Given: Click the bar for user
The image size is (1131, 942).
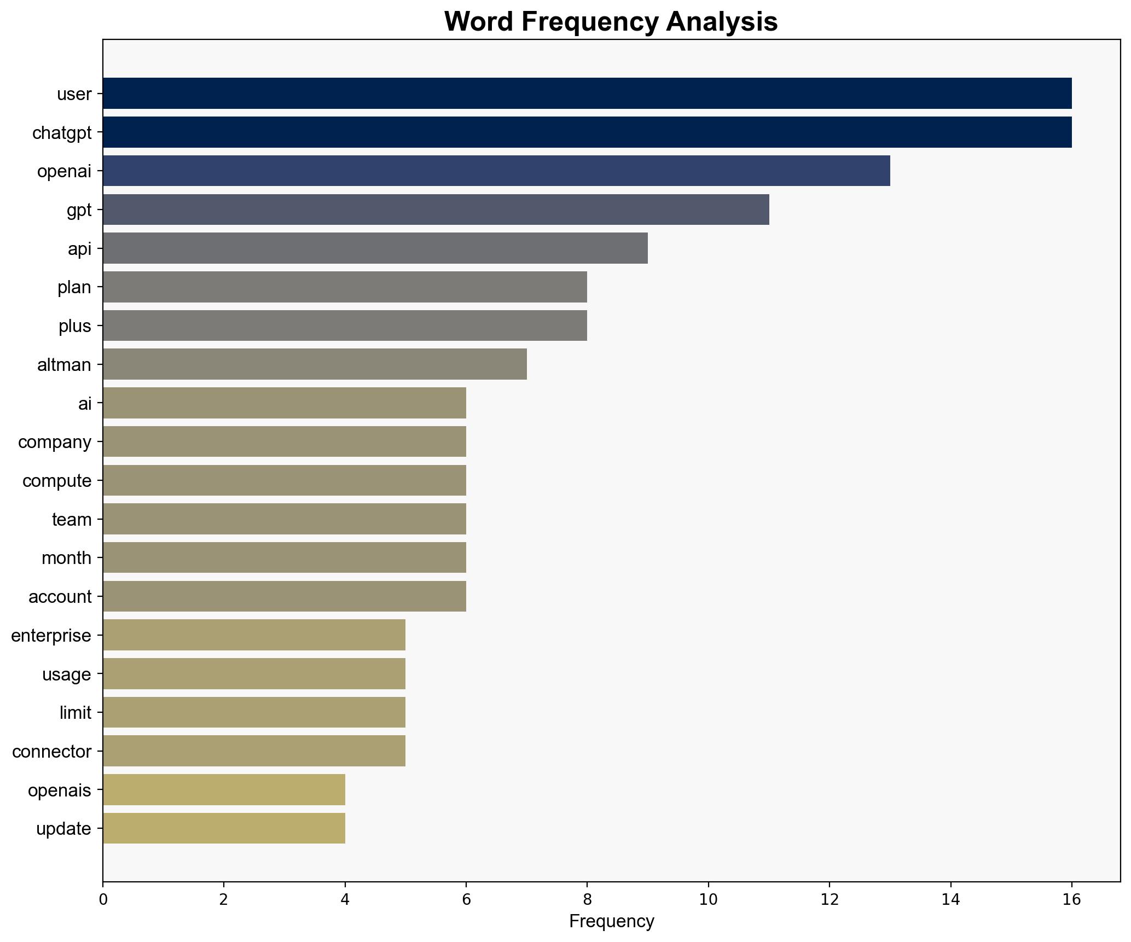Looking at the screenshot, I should tap(587, 94).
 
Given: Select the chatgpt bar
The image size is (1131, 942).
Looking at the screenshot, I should tap(587, 132).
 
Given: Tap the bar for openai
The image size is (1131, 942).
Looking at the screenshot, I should tap(496, 171).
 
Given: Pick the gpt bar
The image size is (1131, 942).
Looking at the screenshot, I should tap(436, 210).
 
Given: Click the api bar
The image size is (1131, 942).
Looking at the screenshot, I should tap(375, 248).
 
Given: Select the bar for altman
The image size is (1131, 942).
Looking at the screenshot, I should tap(315, 364).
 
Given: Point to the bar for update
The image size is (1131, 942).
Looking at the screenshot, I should tap(224, 828).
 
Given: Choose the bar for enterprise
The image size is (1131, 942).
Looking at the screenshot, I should tap(254, 635).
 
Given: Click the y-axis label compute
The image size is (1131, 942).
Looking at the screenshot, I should tap(57, 481).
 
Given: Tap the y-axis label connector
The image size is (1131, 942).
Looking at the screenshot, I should tap(51, 752).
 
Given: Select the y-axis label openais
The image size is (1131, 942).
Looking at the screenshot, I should tap(59, 790).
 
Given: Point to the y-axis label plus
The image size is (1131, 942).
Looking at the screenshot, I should tap(74, 326).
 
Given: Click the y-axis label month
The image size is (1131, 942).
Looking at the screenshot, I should tap(66, 558).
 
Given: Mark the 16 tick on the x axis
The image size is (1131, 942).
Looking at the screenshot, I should tap(1071, 900).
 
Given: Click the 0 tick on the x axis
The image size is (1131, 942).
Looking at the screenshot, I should tap(103, 900).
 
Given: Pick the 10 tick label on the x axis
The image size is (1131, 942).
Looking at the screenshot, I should tap(708, 900).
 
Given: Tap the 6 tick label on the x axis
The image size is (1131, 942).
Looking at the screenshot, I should tap(466, 900).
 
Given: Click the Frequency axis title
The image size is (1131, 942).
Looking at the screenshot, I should tap(611, 922).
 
